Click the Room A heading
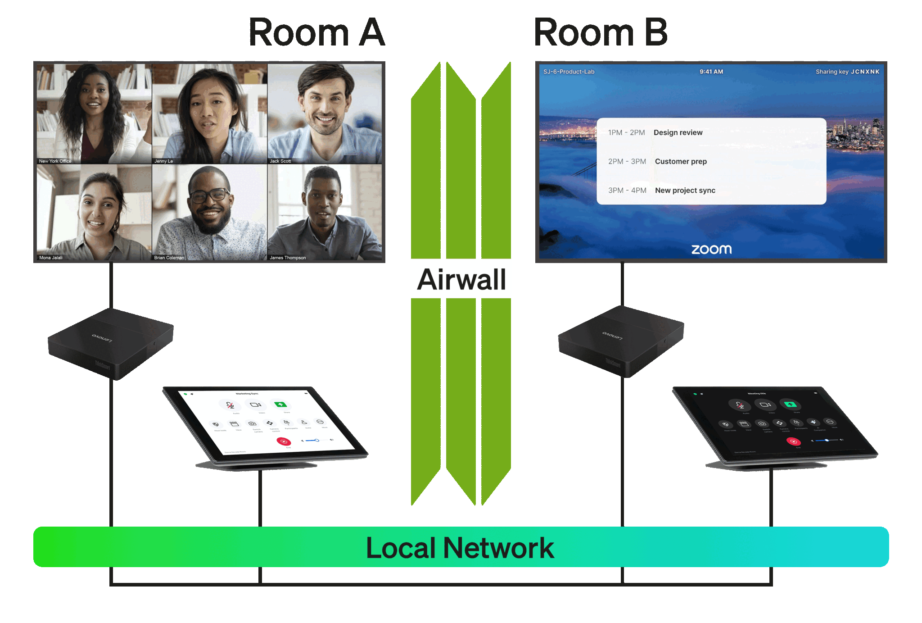tap(316, 32)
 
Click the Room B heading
tap(600, 32)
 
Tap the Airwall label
tap(461, 279)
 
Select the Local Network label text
tap(460, 548)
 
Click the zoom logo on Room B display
tap(711, 249)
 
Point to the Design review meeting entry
tap(678, 132)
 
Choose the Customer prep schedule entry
tap(680, 161)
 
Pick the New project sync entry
tap(685, 191)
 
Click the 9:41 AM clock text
tap(711, 72)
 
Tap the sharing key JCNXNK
tap(864, 72)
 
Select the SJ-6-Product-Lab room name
tap(569, 72)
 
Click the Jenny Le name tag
tap(163, 161)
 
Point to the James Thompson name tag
tap(288, 258)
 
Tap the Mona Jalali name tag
tap(51, 258)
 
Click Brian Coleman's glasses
tap(209, 196)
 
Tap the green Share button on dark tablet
tap(790, 405)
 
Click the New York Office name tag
tap(55, 161)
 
